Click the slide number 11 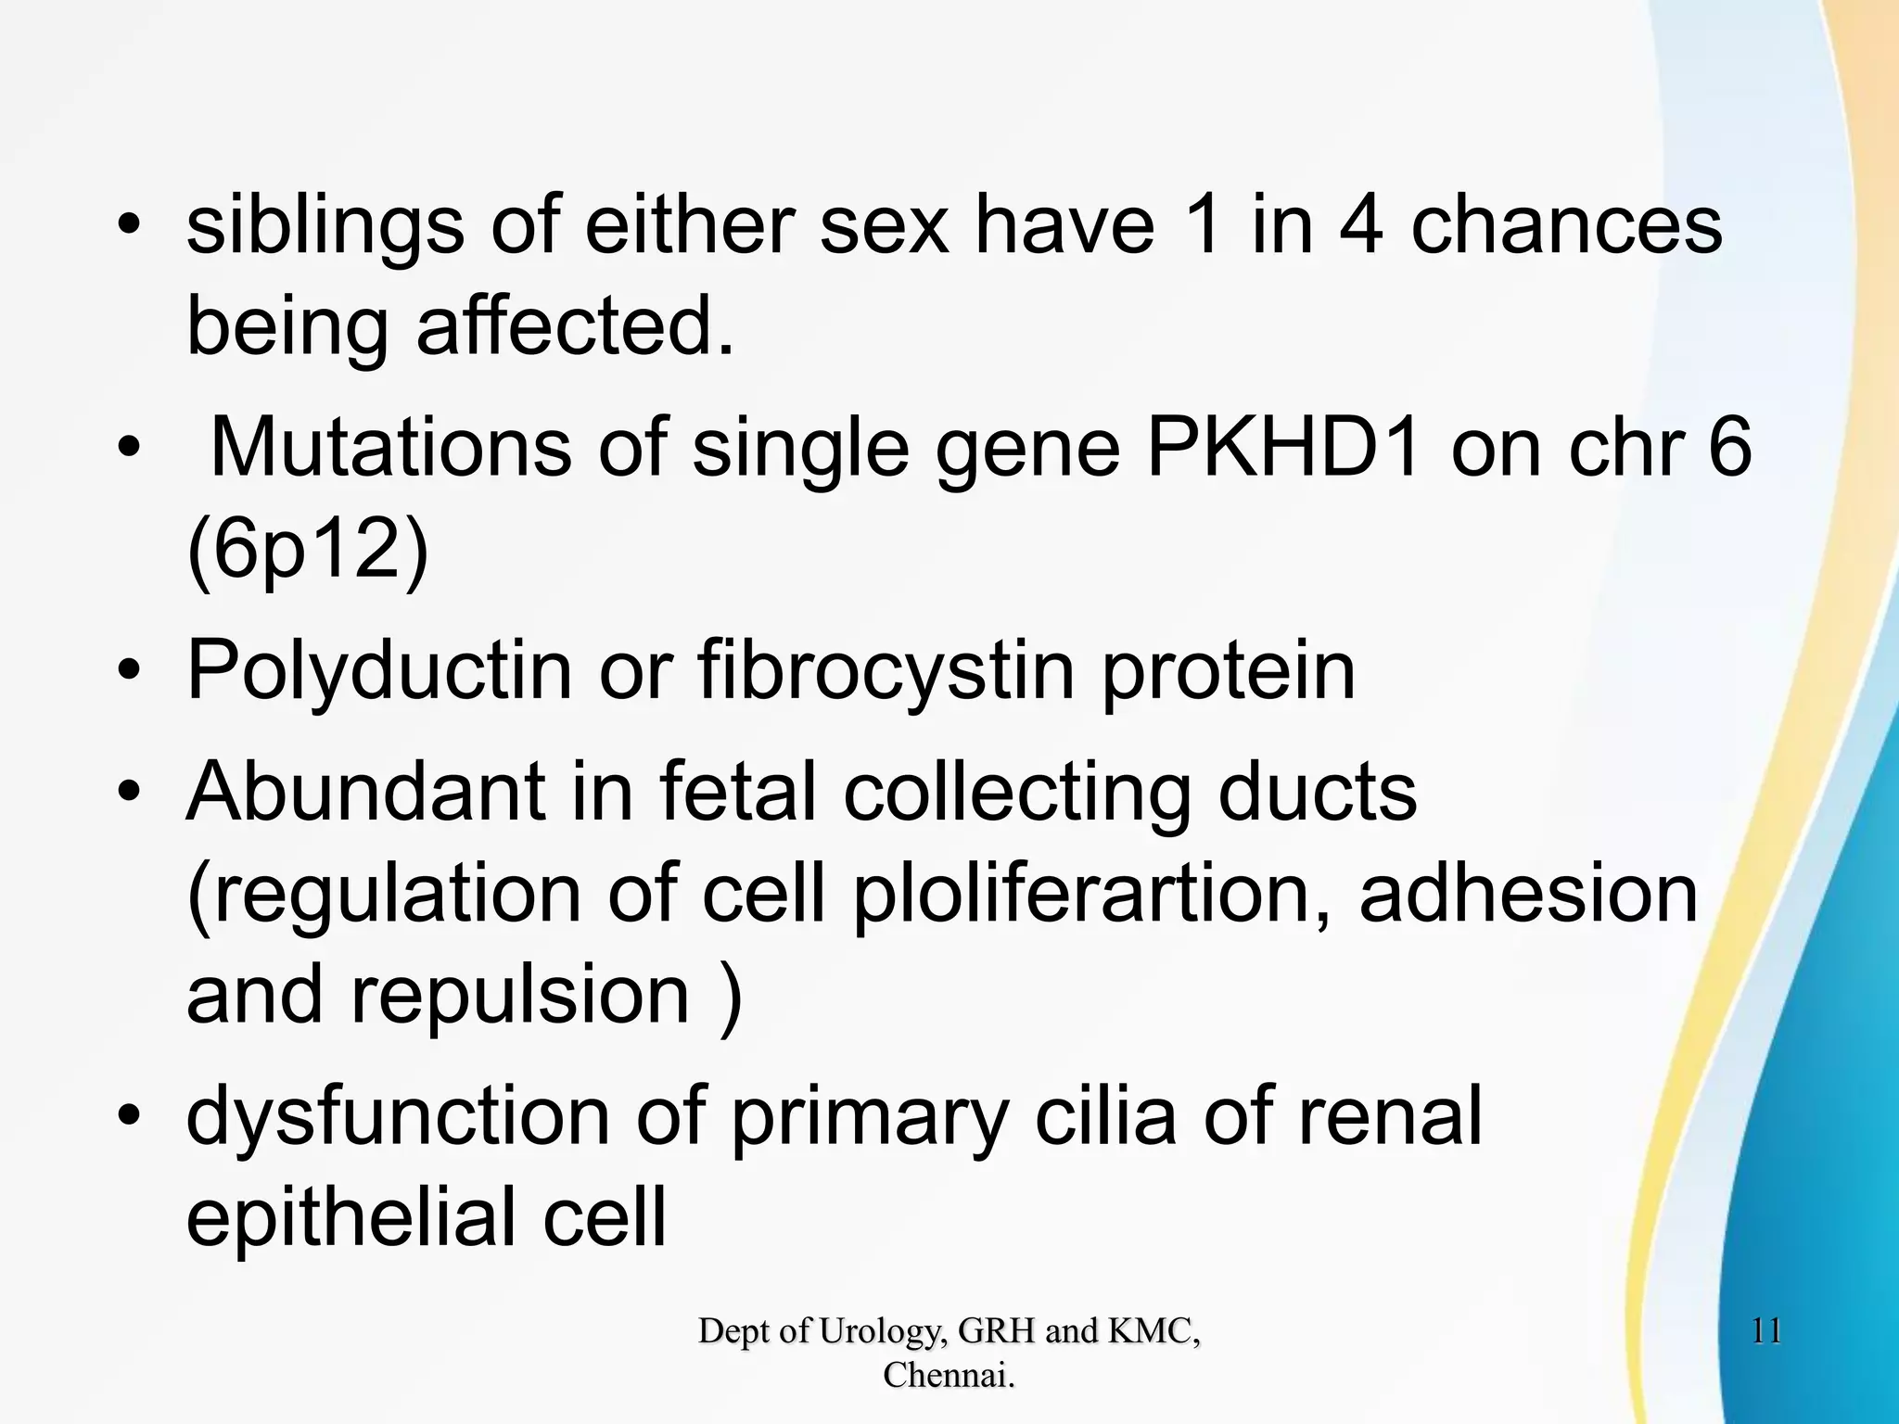coord(1766,1332)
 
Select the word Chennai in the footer coord(947,1375)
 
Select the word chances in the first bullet coord(1566,227)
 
